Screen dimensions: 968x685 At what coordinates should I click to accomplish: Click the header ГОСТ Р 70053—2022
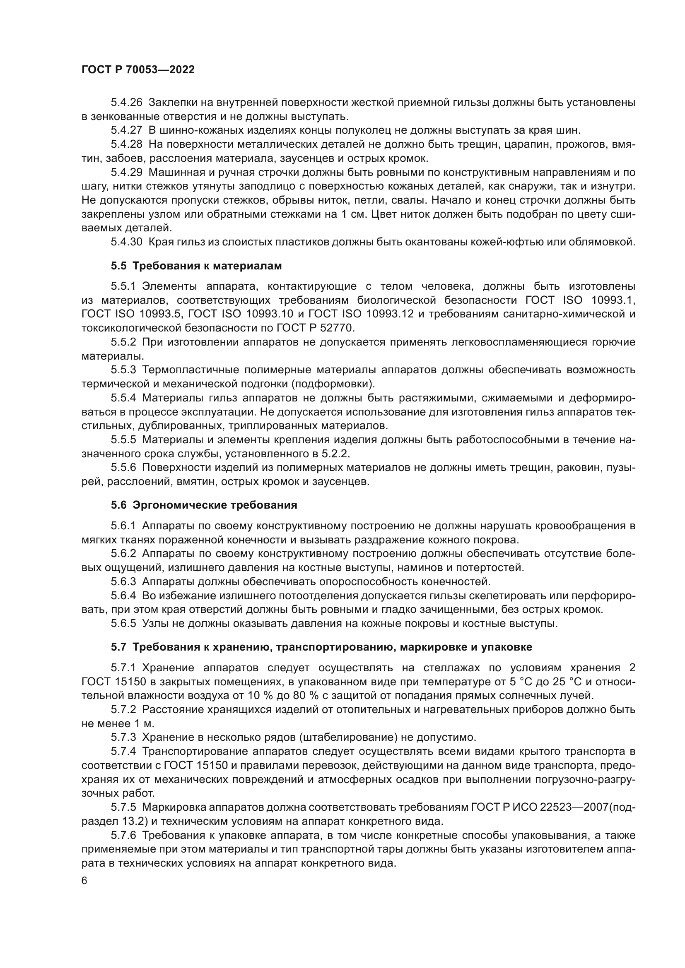138,70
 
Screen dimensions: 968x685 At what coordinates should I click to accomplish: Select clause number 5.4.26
127,103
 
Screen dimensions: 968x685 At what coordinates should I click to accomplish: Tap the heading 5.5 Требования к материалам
197,266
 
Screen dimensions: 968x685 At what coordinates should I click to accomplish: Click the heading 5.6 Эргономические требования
204,505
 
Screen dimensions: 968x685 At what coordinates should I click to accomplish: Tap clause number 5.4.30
127,242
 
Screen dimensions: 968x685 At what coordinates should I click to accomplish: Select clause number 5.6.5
123,623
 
